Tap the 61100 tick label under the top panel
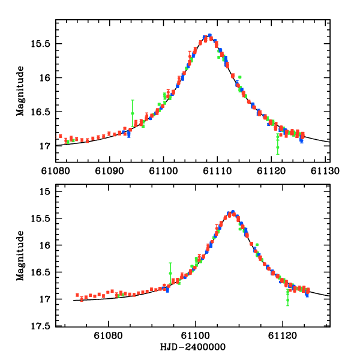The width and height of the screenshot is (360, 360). (164, 170)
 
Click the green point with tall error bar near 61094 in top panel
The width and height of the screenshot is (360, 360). (133, 113)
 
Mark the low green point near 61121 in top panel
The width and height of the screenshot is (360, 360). (278, 146)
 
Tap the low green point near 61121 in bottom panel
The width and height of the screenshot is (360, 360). (288, 299)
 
